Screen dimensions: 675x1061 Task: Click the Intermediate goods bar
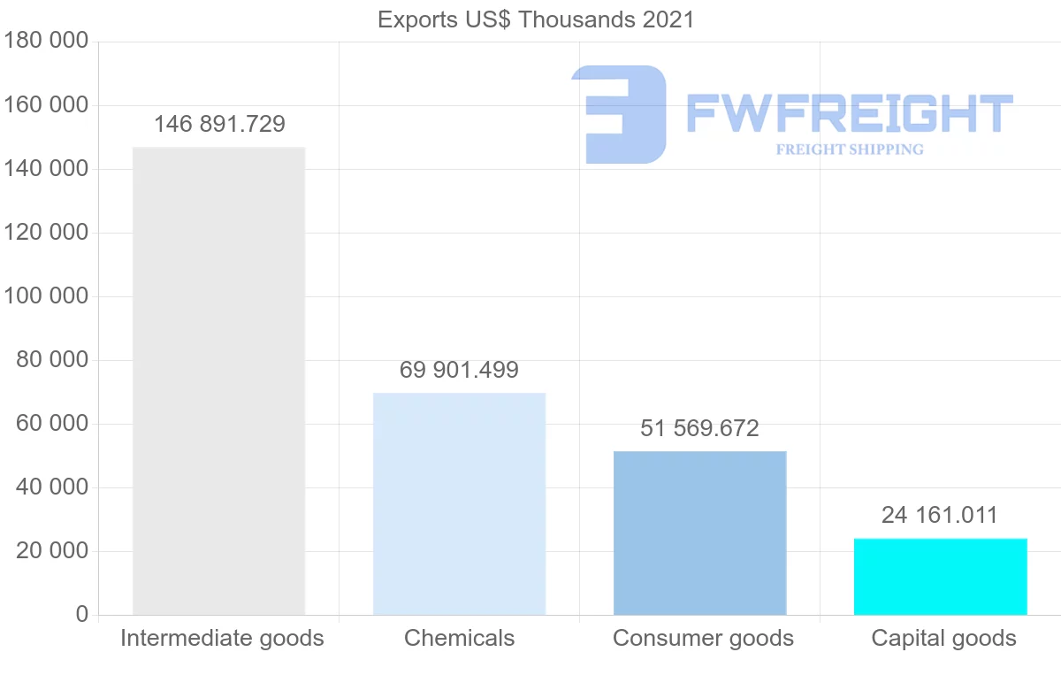pos(218,380)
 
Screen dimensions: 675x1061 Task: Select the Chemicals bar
pos(459,503)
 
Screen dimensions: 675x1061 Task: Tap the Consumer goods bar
pos(699,533)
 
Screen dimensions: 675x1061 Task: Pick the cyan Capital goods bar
pos(940,576)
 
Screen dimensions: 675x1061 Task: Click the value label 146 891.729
pos(219,124)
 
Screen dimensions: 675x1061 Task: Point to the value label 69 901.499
pos(459,370)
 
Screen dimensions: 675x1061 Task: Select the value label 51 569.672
pos(699,428)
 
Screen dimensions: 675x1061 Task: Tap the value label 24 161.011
pos(939,515)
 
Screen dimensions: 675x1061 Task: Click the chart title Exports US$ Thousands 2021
pos(536,19)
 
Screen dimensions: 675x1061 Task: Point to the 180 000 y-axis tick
pos(46,42)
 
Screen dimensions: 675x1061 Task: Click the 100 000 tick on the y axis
pos(46,296)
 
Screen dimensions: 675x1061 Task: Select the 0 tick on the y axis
pos(82,615)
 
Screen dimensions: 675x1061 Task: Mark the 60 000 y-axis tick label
pos(52,424)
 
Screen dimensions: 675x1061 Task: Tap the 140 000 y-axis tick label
pos(46,169)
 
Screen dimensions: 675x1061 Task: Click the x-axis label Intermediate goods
pos(222,638)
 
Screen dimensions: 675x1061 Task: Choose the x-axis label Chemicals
pos(459,638)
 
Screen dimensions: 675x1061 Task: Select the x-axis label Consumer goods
pos(703,638)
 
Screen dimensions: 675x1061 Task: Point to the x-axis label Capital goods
pos(943,638)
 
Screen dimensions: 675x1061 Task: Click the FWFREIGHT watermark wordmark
pos(849,114)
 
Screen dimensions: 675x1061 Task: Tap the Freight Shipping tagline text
pos(849,150)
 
